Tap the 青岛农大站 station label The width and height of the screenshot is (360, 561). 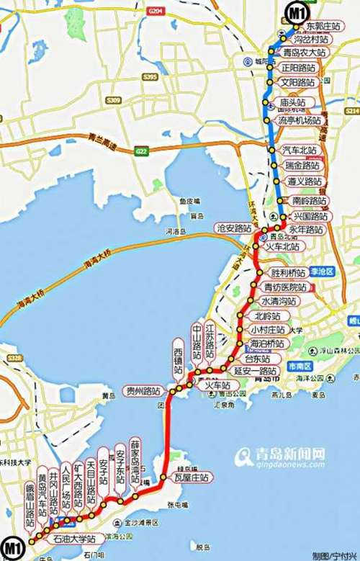coord(303,53)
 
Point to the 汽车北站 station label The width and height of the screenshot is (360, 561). coord(300,150)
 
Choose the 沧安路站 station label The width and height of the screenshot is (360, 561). coord(234,228)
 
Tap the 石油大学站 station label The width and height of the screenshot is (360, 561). coord(76,537)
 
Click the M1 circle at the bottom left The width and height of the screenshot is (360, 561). coord(11,544)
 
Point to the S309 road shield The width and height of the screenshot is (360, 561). coord(113,99)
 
